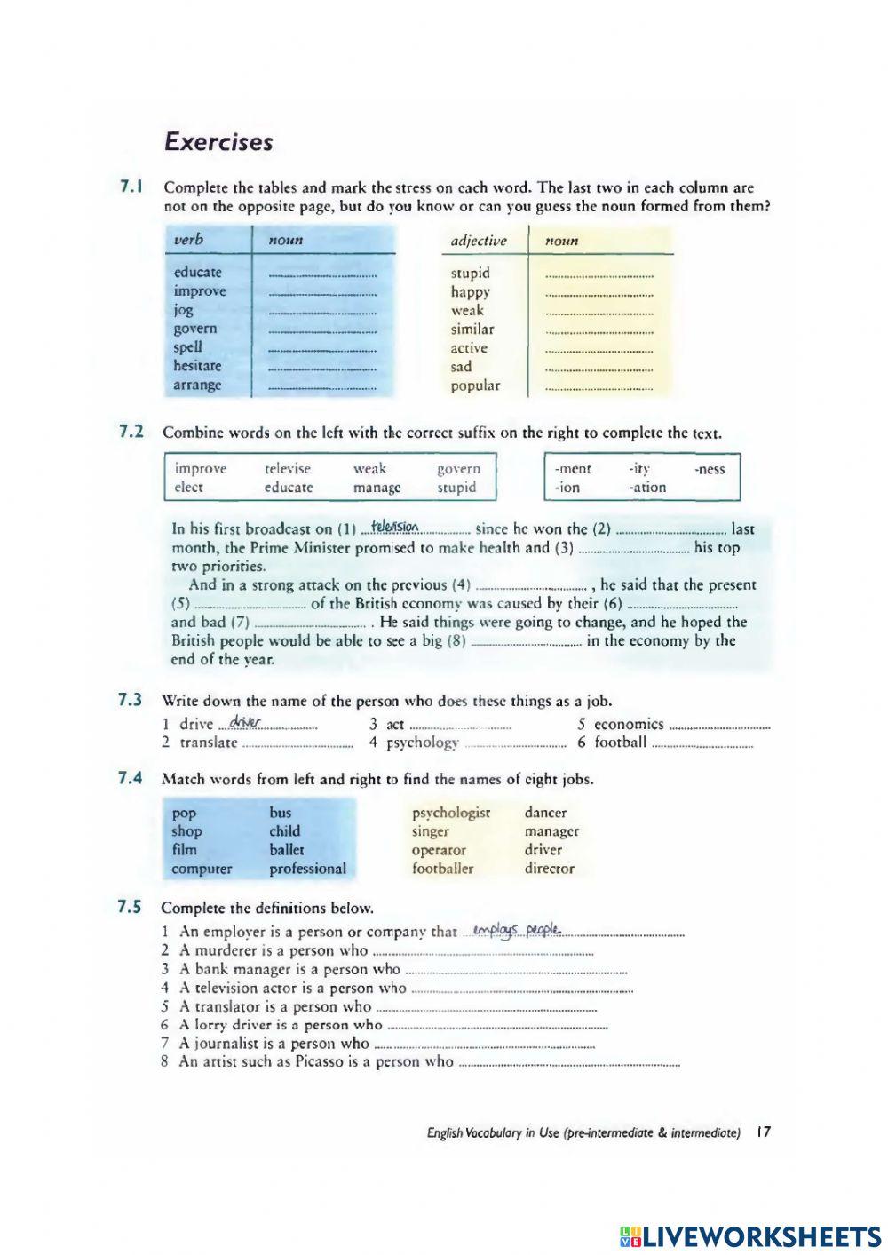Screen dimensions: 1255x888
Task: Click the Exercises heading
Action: pos(218,142)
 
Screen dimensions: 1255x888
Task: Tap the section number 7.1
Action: pos(131,187)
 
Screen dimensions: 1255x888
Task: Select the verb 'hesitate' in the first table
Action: pos(197,366)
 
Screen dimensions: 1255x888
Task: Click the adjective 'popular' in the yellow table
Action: pos(475,385)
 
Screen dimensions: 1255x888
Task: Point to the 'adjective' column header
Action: pos(479,241)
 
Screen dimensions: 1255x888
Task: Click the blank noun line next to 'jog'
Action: pos(322,312)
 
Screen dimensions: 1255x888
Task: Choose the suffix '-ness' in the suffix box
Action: pos(709,469)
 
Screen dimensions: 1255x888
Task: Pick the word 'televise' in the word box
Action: pos(288,469)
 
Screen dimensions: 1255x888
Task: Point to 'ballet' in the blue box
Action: pos(287,850)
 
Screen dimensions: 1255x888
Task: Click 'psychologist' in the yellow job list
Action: pos(450,813)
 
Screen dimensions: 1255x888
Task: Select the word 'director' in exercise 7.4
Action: pos(549,869)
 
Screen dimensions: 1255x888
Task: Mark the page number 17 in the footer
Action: pos(764,1132)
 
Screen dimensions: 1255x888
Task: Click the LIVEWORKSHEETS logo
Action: pos(749,1236)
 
